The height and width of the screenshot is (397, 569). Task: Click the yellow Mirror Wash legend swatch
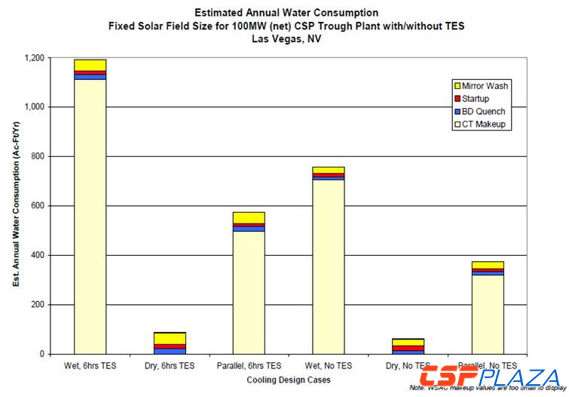456,86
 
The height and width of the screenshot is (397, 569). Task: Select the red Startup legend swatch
456,99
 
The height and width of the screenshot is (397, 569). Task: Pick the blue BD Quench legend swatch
456,112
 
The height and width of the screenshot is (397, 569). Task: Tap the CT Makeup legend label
484,125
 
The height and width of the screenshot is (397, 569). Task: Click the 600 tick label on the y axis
38,206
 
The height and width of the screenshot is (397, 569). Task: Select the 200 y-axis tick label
38,305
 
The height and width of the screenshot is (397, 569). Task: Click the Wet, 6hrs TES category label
90,366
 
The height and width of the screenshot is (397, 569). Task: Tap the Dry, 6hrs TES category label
169,366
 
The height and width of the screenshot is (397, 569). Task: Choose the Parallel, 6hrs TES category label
249,366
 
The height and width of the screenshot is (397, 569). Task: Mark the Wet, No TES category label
328,366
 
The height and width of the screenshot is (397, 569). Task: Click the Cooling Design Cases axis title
288,380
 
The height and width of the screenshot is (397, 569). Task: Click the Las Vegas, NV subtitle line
287,38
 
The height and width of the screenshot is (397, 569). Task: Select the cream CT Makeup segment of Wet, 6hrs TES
90,219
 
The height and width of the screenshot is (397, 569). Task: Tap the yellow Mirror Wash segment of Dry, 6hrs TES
169,338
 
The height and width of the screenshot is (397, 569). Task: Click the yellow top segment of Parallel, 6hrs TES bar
249,218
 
